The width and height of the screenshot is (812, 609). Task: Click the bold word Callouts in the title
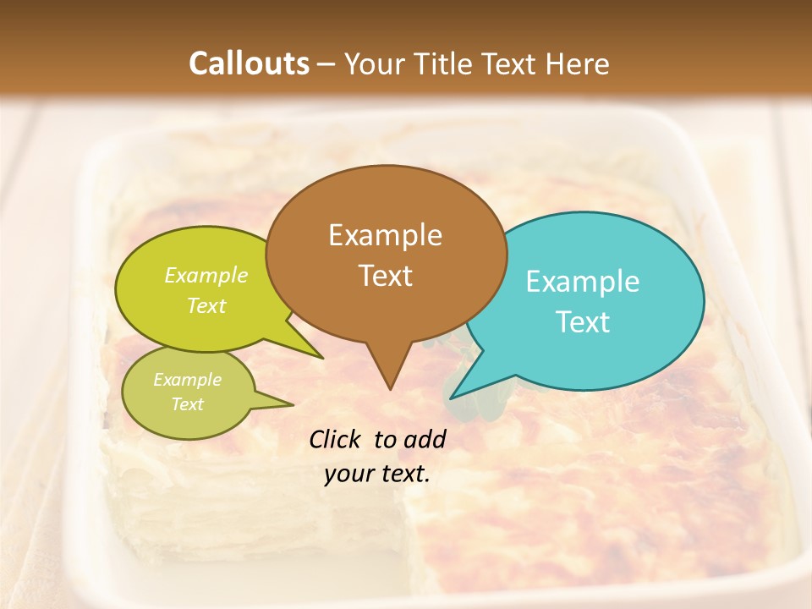249,64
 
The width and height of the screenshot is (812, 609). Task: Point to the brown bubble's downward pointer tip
389,388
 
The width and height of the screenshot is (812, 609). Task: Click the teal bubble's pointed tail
452,397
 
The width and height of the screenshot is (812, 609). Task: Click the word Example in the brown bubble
385,235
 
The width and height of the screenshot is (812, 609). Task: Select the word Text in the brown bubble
386,276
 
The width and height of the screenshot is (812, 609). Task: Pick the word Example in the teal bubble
583,282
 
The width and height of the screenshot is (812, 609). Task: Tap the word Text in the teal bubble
583,322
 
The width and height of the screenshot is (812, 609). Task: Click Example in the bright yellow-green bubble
206,276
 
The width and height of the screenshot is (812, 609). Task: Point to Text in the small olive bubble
187,404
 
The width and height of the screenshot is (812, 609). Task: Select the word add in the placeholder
425,439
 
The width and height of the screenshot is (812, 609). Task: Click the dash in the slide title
327,64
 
